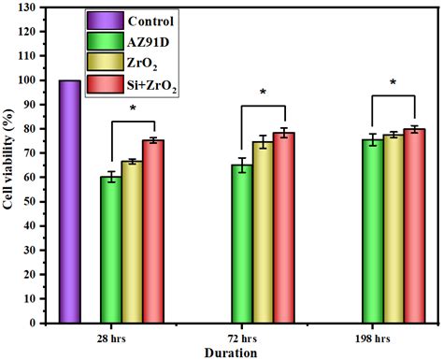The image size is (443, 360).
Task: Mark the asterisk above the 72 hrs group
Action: click(x=263, y=93)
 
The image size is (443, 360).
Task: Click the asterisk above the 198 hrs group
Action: click(x=393, y=83)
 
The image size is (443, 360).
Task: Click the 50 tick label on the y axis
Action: click(x=34, y=201)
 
